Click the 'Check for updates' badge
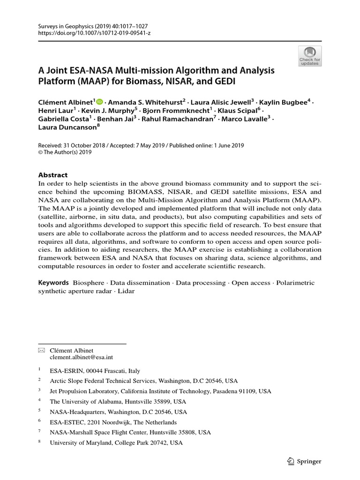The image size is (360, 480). (x=310, y=56)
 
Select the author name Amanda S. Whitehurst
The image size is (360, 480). (x=145, y=102)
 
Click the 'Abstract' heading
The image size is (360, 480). (x=52, y=175)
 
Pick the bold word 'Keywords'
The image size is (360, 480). (x=53, y=283)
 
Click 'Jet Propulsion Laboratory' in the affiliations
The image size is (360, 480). (x=83, y=391)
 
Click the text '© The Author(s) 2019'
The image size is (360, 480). (x=65, y=152)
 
